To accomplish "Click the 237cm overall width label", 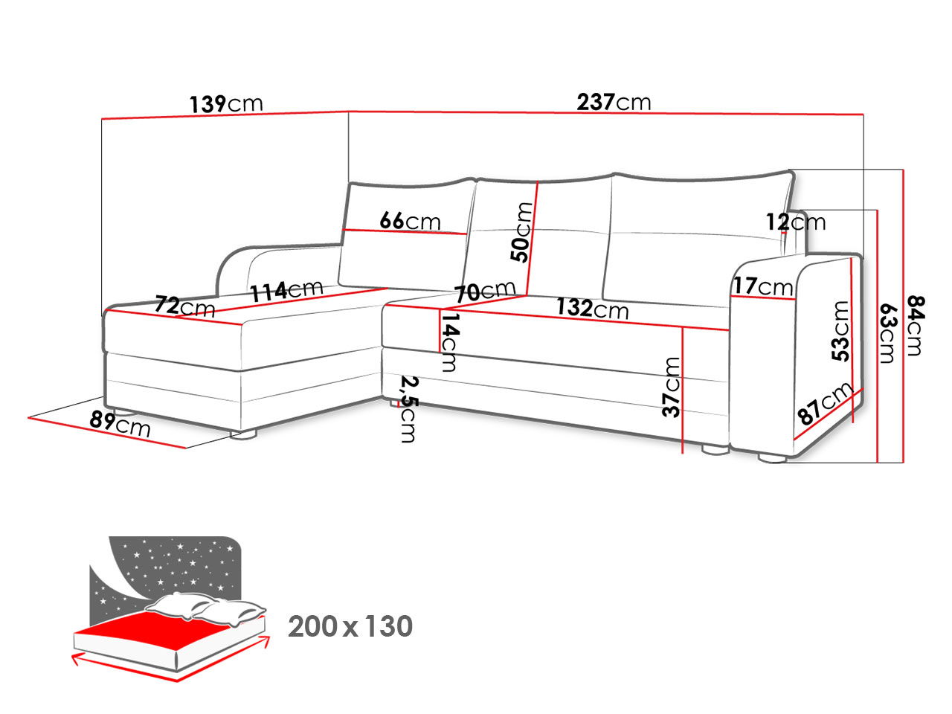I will coord(614,101).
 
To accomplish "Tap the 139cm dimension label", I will coord(226,103).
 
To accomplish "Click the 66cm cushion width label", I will coord(410,221).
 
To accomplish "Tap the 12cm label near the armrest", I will coord(796,222).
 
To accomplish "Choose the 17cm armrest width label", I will coord(764,286).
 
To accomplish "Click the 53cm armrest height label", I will coord(840,331).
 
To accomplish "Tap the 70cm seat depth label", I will coord(485,291).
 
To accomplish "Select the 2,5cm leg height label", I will coord(407,408).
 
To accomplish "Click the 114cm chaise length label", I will coord(286,290).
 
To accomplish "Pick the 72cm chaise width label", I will coord(184,305).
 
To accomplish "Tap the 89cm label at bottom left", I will coord(120,423).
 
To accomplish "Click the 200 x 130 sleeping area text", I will coord(350,627).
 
